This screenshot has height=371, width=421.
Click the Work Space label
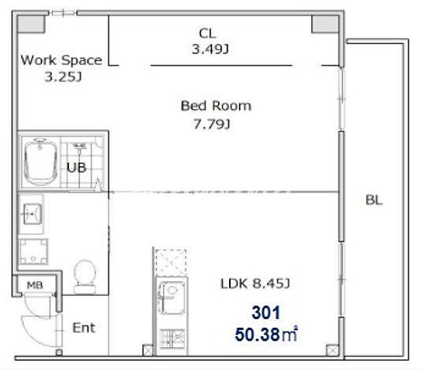tap(61, 60)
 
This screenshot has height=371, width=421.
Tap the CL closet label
tap(207, 33)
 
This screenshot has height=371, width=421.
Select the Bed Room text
tap(216, 106)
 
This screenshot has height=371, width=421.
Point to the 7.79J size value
tap(212, 124)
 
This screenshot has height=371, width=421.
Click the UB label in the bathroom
tap(77, 168)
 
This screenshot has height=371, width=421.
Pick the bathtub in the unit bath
tap(40, 162)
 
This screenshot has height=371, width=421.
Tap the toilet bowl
tap(85, 277)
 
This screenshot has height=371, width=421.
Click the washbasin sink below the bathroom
tap(33, 213)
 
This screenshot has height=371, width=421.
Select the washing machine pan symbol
tap(33, 252)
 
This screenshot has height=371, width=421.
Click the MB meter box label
tap(35, 285)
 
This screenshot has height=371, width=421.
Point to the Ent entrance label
tap(84, 328)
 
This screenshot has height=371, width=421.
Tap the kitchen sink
tap(172, 298)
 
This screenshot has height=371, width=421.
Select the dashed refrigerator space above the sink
tap(171, 263)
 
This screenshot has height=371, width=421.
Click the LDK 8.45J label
tap(255, 284)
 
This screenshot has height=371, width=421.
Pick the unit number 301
tap(265, 312)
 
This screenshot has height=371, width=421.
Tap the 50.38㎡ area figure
tap(266, 334)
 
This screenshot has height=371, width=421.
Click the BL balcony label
tap(374, 200)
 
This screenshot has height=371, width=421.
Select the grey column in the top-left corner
tap(31, 24)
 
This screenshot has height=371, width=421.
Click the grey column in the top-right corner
tap(325, 24)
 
